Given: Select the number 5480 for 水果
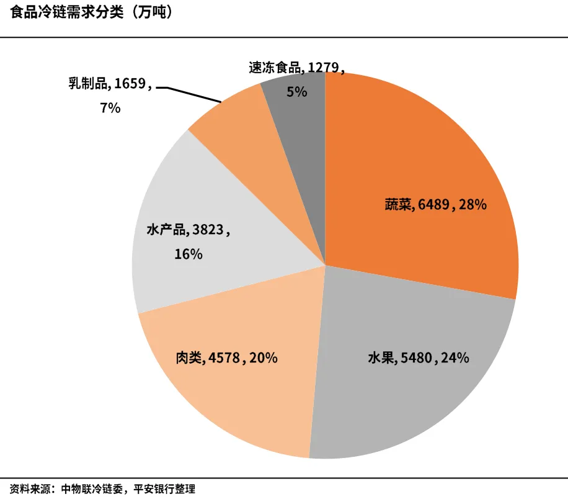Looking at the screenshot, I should (417, 358).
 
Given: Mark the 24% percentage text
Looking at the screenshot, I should (455, 358).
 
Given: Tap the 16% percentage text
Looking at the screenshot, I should (188, 254).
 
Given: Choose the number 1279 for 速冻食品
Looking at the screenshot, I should (323, 68).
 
